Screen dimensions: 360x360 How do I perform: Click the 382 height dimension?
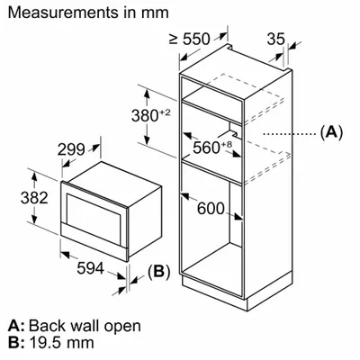point(34,198)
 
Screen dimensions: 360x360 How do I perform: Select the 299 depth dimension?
point(71,149)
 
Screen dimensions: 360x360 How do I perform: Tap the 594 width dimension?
point(90,268)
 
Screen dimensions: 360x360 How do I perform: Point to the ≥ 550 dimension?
point(189,39)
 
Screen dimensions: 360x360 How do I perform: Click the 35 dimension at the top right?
point(275,39)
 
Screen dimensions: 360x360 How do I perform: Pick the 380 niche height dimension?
point(145,116)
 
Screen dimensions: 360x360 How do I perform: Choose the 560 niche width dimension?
point(206,148)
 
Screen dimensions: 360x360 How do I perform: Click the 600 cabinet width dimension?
point(211,209)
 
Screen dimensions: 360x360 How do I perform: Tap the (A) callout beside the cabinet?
point(331,132)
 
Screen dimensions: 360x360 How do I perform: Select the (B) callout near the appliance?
point(158,272)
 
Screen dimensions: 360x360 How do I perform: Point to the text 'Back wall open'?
point(85,326)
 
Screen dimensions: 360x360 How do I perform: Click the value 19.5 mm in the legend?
point(62,343)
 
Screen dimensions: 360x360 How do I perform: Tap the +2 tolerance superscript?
point(165,112)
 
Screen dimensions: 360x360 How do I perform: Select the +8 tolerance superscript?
point(227,144)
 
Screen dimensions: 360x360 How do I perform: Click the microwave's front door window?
point(94,217)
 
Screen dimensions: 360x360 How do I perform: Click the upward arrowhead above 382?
point(34,176)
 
